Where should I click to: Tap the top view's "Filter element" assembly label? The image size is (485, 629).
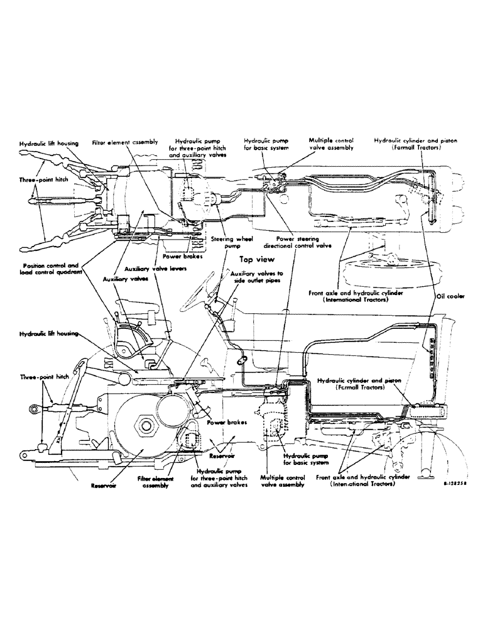coord(124,142)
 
